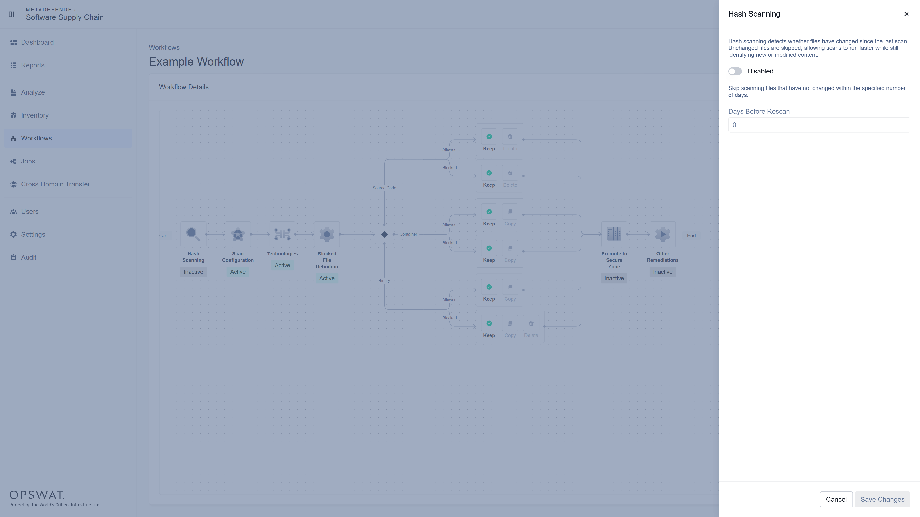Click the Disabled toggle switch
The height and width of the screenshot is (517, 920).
[735, 71]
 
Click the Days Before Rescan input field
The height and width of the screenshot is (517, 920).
[819, 125]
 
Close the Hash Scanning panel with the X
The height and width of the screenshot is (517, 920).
[906, 14]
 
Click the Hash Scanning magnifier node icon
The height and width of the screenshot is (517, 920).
[193, 234]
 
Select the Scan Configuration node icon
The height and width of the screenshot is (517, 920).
[238, 234]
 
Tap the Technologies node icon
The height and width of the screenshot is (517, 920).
[282, 234]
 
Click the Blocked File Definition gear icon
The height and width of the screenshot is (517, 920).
[327, 234]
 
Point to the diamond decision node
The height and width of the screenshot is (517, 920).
[384, 234]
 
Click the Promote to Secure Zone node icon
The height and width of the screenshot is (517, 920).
[614, 234]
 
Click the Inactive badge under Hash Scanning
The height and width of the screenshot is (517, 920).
[193, 272]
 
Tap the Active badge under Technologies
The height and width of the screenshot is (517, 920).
[282, 265]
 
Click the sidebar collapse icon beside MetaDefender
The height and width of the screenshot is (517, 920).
[11, 14]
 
